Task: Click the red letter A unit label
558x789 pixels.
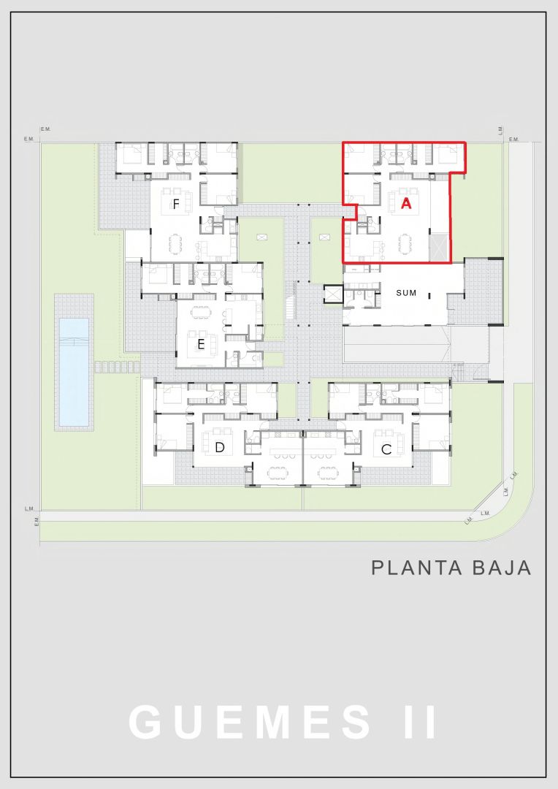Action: pyautogui.click(x=406, y=203)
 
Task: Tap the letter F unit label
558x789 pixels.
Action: pyautogui.click(x=176, y=205)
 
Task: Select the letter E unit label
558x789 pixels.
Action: pyautogui.click(x=201, y=345)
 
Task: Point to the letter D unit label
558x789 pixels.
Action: pyautogui.click(x=219, y=447)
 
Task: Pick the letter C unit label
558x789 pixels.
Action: pyautogui.click(x=386, y=449)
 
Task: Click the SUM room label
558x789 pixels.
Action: pyautogui.click(x=406, y=292)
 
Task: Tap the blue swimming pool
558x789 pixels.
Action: pyautogui.click(x=74, y=371)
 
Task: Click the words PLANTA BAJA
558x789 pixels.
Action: pyautogui.click(x=451, y=568)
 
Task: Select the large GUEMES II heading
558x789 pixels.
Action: pyautogui.click(x=282, y=722)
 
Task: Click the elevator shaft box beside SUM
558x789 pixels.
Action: pyautogui.click(x=334, y=294)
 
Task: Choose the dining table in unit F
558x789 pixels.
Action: pyautogui.click(x=175, y=244)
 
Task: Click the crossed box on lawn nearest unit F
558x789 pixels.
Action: pyautogui.click(x=262, y=237)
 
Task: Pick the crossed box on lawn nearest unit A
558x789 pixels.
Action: pyautogui.click(x=324, y=237)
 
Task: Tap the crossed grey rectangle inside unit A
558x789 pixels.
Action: pyautogui.click(x=440, y=248)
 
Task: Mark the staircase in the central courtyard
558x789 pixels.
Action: pyautogui.click(x=290, y=300)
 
